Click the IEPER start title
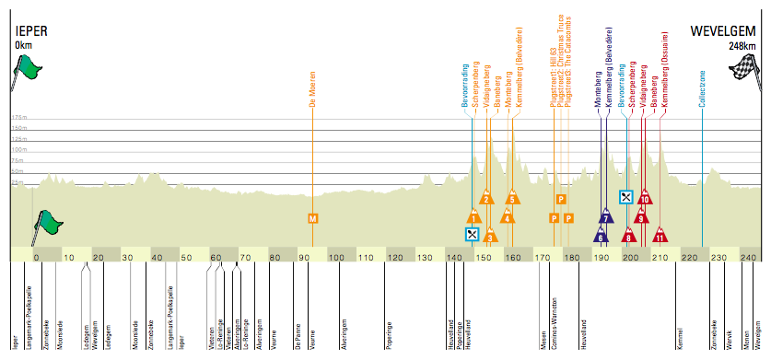(30, 31)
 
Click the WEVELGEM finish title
(722, 31)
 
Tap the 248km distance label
(742, 44)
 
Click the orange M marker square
(313, 218)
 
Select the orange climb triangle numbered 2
(485, 199)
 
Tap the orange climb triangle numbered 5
(511, 199)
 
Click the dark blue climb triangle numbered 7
(606, 218)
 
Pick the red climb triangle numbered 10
(645, 199)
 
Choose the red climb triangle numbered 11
(660, 238)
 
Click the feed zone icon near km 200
(625, 197)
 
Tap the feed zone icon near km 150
(473, 234)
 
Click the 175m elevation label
(19, 119)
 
